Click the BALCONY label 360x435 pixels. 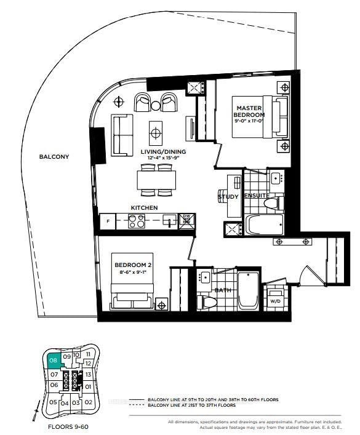point(54,156)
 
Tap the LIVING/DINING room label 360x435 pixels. point(163,151)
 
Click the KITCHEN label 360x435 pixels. point(144,208)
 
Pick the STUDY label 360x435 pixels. point(228,197)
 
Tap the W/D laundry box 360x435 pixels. point(274,301)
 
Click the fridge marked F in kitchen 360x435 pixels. point(109,221)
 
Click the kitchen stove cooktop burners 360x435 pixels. point(137,221)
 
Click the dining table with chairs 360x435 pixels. point(156,179)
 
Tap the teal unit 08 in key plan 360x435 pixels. point(54,359)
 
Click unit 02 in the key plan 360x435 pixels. point(89,402)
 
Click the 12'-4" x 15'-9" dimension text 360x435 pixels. point(163,159)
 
